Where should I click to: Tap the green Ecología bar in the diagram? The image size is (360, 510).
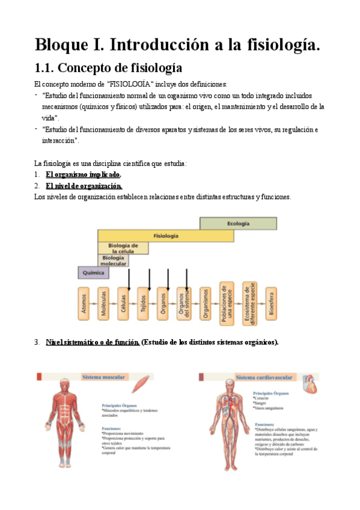pyautogui.click(x=238, y=224)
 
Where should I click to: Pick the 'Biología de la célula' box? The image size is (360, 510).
pyautogui.click(x=123, y=248)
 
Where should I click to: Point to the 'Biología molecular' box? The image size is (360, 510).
pyautogui.click(x=113, y=260)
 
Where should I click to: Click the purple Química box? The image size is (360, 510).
pyautogui.click(x=94, y=272)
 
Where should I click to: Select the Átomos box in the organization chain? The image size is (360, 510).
pyautogui.click(x=84, y=304)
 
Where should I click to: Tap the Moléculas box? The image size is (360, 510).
pyautogui.click(x=104, y=304)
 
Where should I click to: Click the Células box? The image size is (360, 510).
pyautogui.click(x=123, y=304)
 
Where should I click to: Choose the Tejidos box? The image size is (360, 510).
pyautogui.click(x=143, y=304)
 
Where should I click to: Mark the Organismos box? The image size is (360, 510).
pyautogui.click(x=206, y=304)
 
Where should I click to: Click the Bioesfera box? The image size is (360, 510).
pyautogui.click(x=272, y=304)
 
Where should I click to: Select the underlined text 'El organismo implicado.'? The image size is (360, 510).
pyautogui.click(x=84, y=174)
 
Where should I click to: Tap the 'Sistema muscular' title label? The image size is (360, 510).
pyautogui.click(x=103, y=377)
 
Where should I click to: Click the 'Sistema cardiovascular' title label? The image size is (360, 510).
pyautogui.click(x=264, y=378)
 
